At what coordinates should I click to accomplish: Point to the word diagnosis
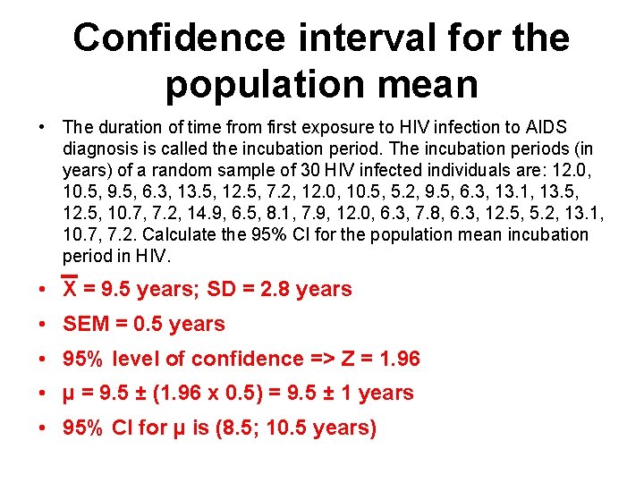101,148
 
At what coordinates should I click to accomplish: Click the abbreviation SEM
84,324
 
